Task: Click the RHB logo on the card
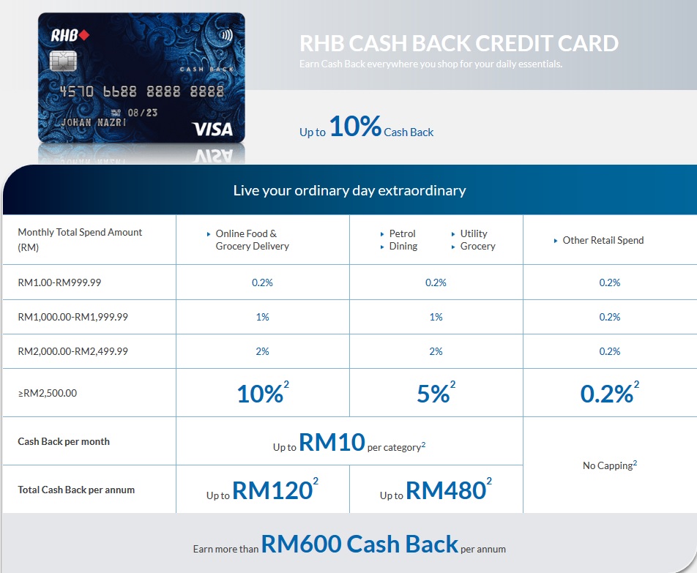[70, 35]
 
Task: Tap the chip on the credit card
[63, 61]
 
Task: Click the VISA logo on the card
[212, 130]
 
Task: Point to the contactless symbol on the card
[226, 35]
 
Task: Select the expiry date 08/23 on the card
[142, 113]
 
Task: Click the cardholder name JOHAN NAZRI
[94, 122]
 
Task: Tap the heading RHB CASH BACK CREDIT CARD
[459, 43]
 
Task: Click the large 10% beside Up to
[355, 126]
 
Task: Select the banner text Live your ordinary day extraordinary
[349, 190]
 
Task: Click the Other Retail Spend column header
[603, 240]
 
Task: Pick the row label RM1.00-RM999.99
[59, 282]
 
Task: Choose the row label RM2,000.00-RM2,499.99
[73, 351]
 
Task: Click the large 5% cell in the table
[433, 394]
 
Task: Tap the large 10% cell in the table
[260, 394]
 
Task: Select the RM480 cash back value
[446, 490]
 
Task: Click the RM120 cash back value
[272, 490]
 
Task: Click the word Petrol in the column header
[402, 233]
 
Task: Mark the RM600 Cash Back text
[359, 544]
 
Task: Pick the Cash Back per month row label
[64, 441]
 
